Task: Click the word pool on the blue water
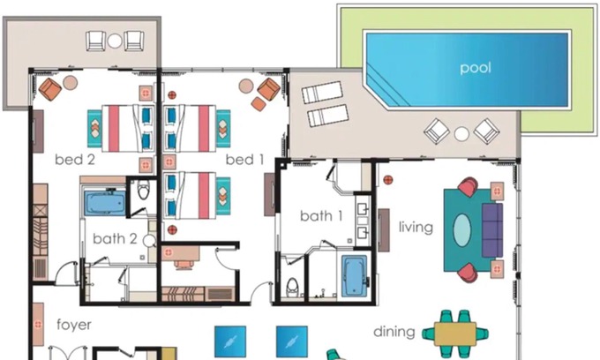point(475,68)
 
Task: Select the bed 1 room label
point(244,160)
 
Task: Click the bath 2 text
point(115,238)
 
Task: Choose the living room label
point(416,228)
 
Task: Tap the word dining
point(394,333)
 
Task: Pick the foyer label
point(74,326)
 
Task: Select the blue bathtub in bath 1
point(353,278)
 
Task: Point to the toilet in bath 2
point(142,191)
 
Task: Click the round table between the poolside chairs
point(461,134)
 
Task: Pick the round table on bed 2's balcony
point(115,40)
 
